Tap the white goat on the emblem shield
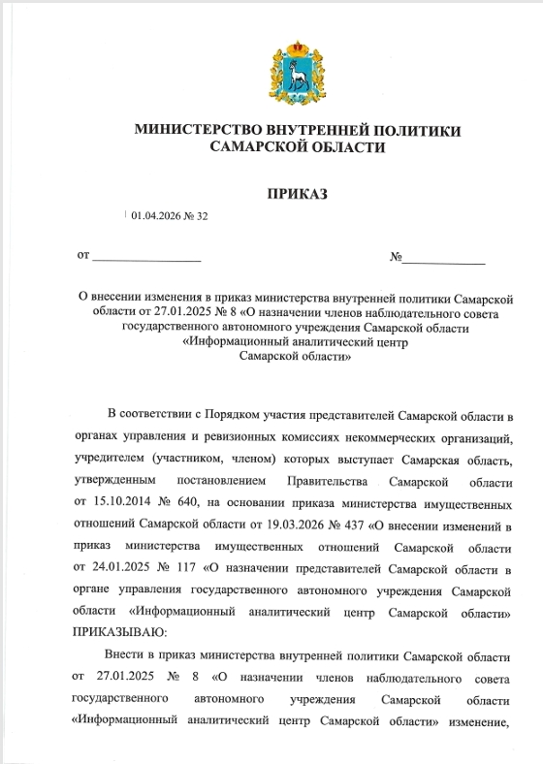pyautogui.click(x=298, y=74)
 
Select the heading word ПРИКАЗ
pyautogui.click(x=297, y=194)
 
